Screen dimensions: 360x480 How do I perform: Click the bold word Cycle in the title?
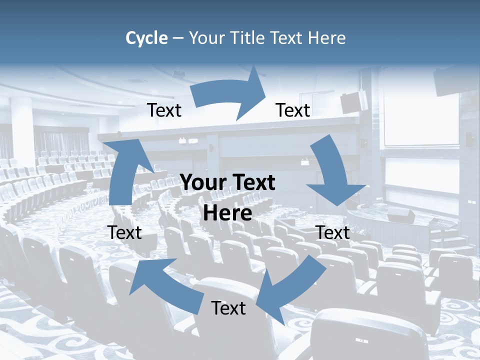click(x=146, y=38)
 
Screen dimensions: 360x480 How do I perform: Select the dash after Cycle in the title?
click(x=178, y=38)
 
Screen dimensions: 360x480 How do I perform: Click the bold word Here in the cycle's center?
click(x=227, y=213)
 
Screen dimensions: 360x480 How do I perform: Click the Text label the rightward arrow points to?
click(x=293, y=110)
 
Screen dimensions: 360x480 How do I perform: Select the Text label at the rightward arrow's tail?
click(x=164, y=110)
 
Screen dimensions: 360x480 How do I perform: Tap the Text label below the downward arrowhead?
click(x=333, y=232)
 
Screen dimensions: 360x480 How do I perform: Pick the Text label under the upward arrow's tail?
click(x=124, y=232)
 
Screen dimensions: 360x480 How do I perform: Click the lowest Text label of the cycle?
click(x=228, y=308)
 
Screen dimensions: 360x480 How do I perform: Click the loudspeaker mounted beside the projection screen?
click(x=354, y=101)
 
